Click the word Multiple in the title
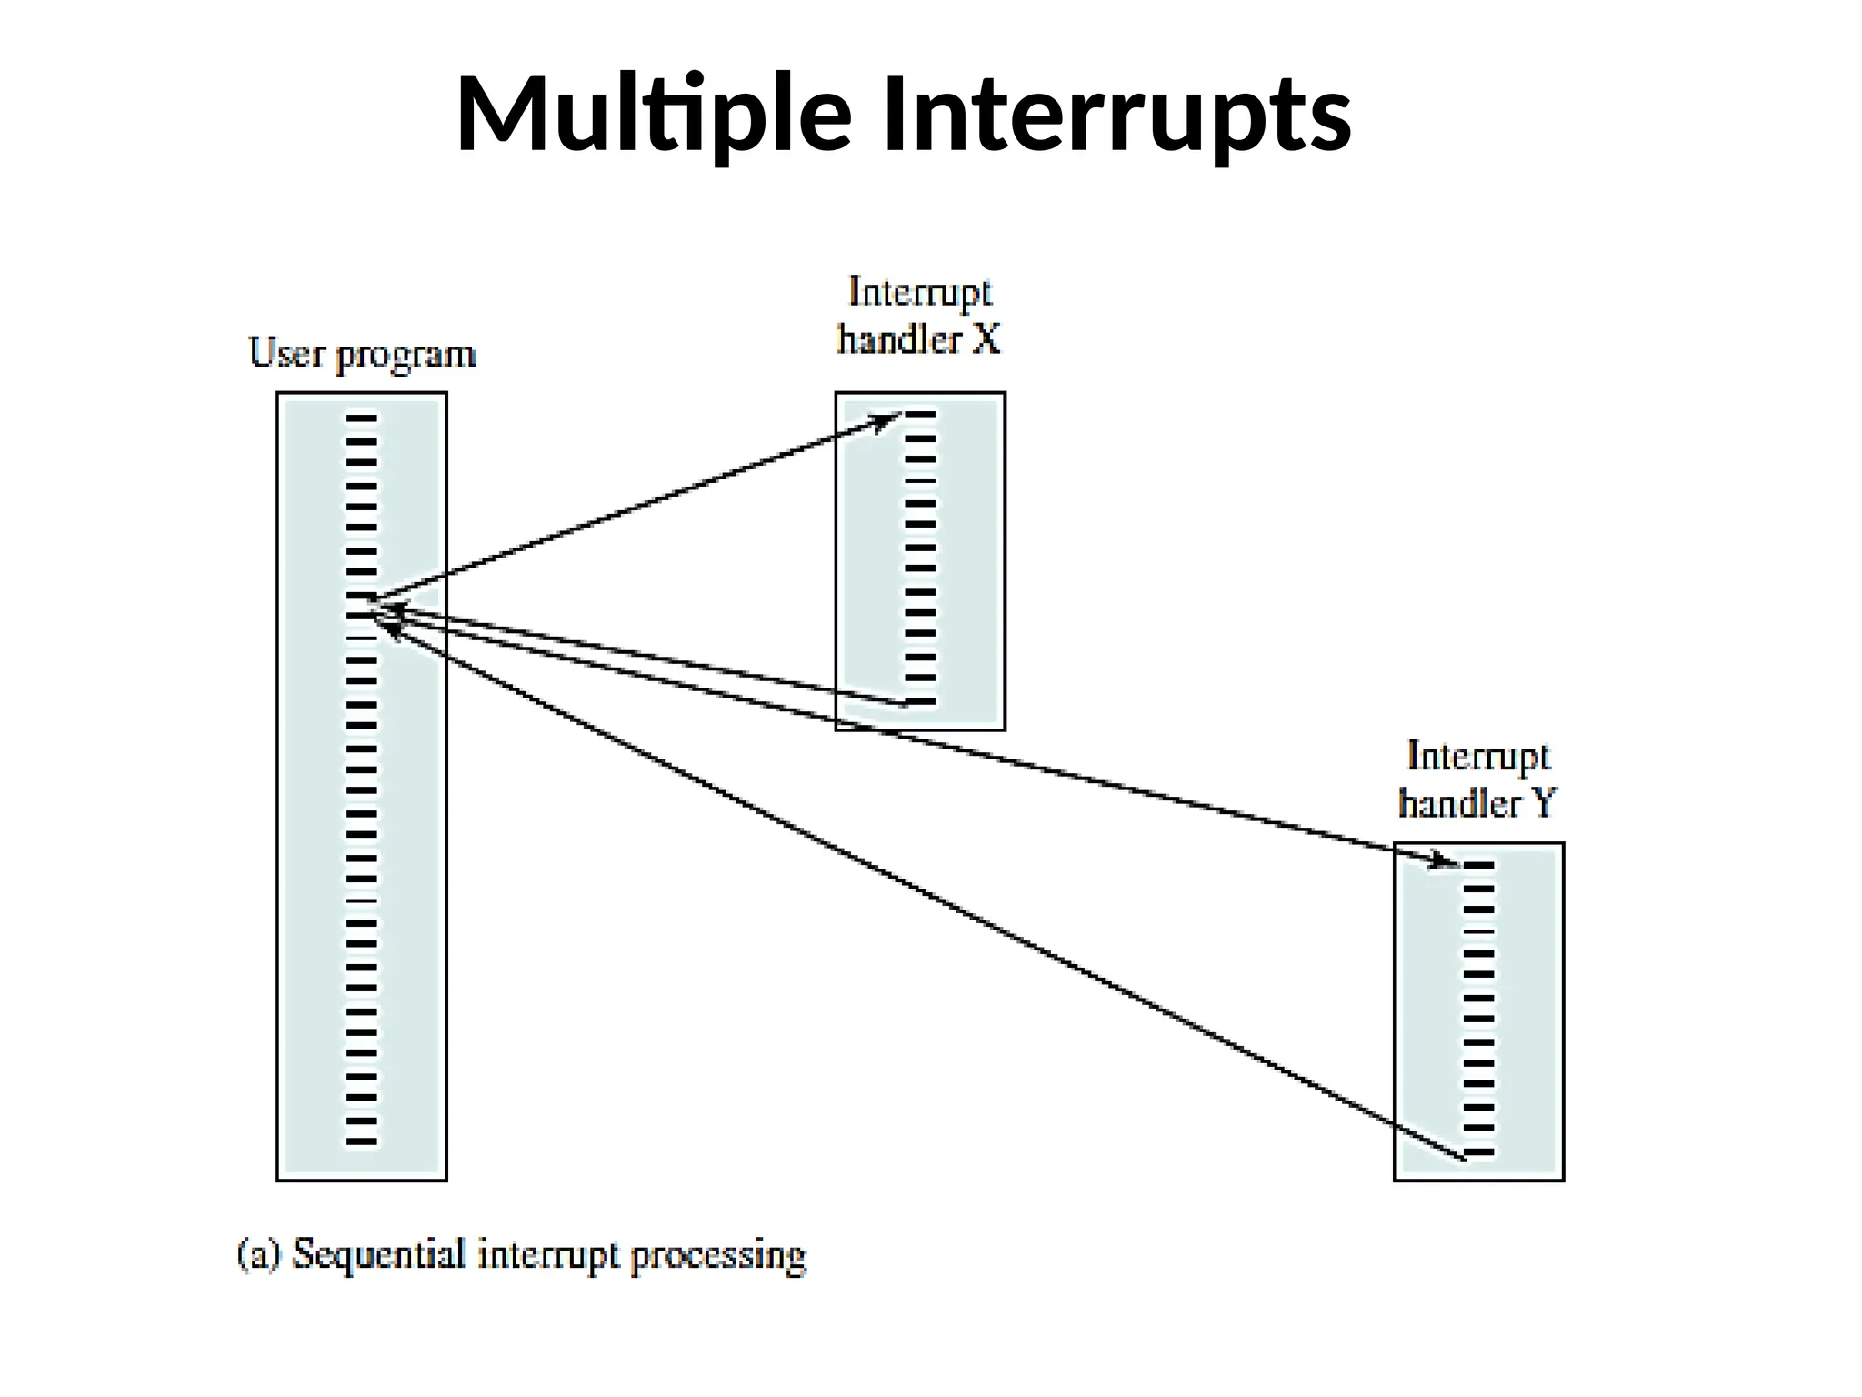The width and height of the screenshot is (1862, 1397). coord(652,116)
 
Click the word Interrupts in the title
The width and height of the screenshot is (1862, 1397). coord(1116,116)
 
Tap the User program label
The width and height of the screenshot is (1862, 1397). coord(362,354)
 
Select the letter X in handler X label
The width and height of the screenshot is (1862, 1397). coord(986,339)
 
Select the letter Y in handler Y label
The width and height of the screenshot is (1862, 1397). coord(1544,803)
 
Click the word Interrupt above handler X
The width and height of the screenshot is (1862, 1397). coord(919,293)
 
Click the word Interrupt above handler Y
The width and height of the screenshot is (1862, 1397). coord(1477,757)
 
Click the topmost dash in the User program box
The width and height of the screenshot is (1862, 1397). coord(361,418)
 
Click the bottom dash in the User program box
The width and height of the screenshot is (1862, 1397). coord(361,1141)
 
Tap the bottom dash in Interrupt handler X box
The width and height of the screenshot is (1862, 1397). coord(920,701)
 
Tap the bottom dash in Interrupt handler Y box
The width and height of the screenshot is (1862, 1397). coord(1478,1152)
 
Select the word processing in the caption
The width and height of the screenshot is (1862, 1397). coord(718,1256)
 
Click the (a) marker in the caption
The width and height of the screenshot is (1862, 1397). coord(259,1255)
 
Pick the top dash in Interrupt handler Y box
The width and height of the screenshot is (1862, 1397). coord(1478,865)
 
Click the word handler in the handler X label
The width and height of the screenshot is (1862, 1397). coord(898,339)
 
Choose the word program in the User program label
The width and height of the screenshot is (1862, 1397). coord(405,356)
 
